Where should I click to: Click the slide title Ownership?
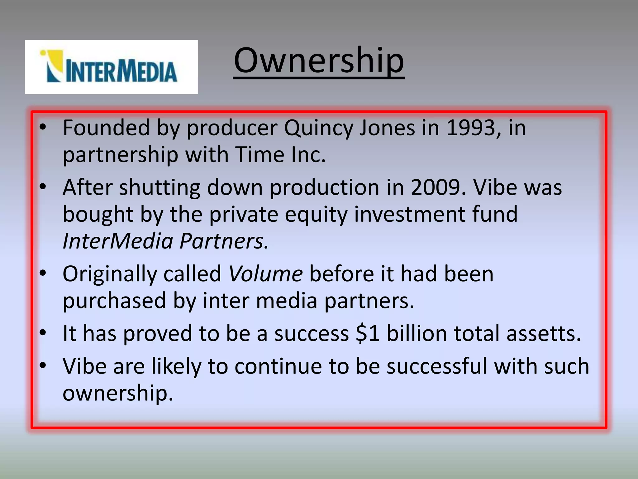[x=319, y=61]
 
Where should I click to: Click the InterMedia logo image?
[x=111, y=67]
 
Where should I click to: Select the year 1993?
[x=470, y=128]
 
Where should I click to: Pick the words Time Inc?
[x=280, y=155]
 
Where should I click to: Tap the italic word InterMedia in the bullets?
[x=118, y=241]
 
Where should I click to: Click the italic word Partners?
[x=224, y=241]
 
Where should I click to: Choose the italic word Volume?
[x=265, y=274]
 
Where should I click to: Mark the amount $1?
[x=368, y=333]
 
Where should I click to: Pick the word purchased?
[x=114, y=301]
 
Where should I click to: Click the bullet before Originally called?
[x=43, y=273]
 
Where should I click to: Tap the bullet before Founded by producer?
[x=43, y=127]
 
